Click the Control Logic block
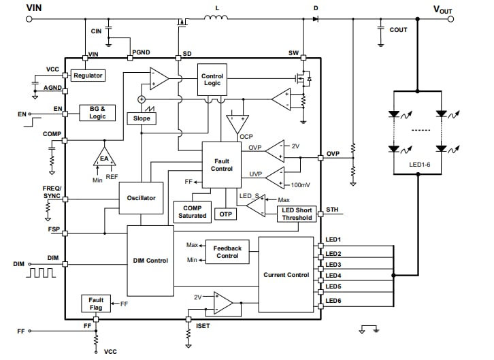point(212,80)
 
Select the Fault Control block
point(221,164)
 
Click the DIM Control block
point(150,261)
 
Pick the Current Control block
point(286,275)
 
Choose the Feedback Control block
point(227,252)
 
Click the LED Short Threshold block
point(297,214)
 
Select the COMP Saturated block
point(192,212)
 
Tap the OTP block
point(226,214)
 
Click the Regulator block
point(88,76)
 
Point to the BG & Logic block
point(97,112)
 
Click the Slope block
point(142,118)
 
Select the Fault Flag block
point(95,304)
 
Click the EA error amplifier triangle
point(104,158)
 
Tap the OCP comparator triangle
point(237,122)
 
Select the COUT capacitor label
point(399,30)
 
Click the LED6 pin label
point(333,300)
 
